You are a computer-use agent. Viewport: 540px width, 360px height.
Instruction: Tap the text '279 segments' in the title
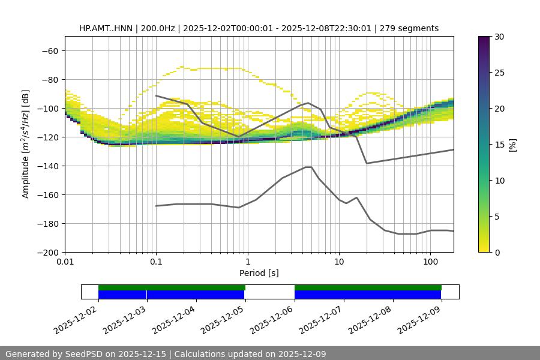(413, 28)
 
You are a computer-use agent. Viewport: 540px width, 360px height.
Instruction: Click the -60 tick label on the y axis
(49, 50)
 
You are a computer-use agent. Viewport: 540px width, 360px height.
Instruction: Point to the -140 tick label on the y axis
(47, 166)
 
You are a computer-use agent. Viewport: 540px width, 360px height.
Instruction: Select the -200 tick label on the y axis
(47, 252)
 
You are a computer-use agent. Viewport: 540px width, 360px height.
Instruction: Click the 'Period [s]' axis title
(259, 274)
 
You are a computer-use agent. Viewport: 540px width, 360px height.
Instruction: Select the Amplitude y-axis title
(26, 144)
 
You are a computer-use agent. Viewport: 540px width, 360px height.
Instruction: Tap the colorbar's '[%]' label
(513, 145)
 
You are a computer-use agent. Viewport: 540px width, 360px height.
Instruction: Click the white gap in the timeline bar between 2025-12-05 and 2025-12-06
(270, 292)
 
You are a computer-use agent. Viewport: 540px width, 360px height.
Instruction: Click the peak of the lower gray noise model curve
(308, 167)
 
